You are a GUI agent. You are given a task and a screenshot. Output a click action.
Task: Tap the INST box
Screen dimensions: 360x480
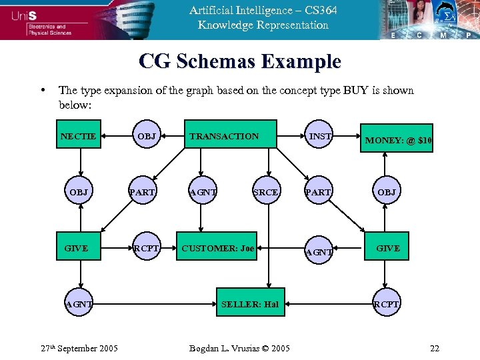tap(321, 137)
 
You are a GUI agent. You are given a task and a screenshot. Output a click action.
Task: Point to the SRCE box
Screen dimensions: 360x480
tap(265, 192)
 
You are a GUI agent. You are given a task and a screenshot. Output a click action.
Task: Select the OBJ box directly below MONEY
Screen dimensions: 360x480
tap(387, 192)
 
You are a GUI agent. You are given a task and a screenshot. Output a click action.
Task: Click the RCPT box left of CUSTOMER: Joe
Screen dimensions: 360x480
tap(146, 249)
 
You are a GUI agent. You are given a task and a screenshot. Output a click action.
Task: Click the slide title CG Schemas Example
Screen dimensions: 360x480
tap(240, 62)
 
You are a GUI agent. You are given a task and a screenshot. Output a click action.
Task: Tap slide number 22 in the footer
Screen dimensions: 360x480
tap(435, 348)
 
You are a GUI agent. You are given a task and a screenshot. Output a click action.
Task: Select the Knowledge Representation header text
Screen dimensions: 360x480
tap(263, 25)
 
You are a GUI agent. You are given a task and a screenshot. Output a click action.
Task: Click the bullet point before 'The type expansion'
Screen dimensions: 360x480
tap(43, 91)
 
